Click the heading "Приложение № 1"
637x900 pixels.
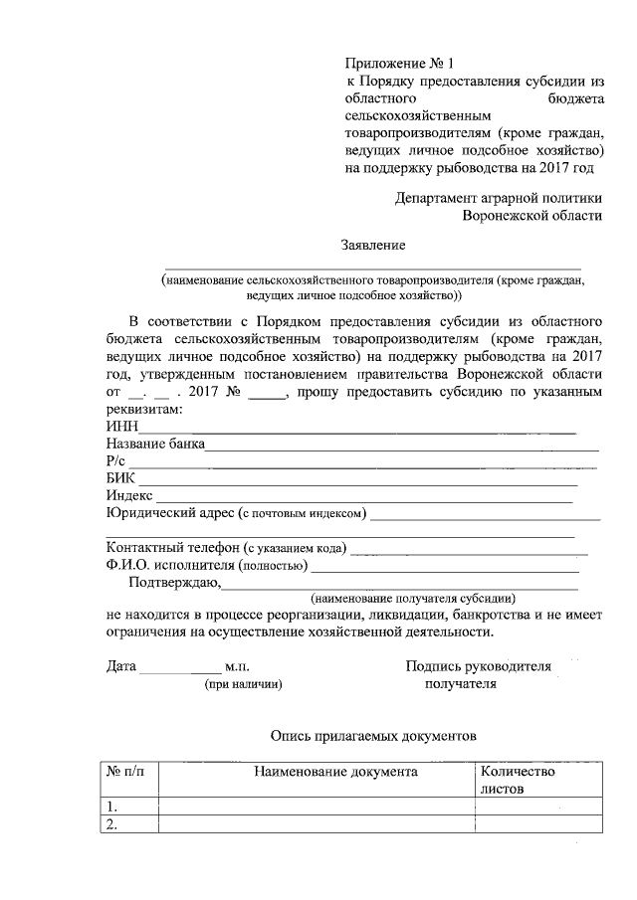tap(396, 63)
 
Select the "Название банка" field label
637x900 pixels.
tap(155, 445)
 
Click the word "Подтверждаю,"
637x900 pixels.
tap(174, 583)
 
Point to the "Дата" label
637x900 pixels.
tap(120, 667)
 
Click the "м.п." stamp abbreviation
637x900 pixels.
tap(241, 667)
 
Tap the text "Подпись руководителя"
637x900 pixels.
tap(479, 667)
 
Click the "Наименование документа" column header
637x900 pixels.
tap(335, 772)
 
